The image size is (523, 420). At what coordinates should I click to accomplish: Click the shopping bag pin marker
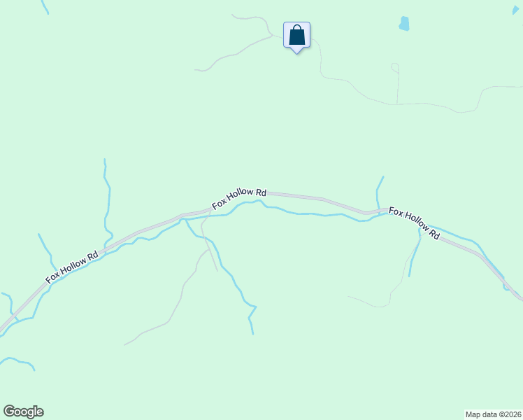(296, 35)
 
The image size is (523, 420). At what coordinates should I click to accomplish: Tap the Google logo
(23, 412)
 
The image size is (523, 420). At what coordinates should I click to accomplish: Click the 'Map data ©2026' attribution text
(494, 414)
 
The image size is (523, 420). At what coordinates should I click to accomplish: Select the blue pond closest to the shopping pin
(404, 24)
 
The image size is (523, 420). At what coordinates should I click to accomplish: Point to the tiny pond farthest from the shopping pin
(506, 287)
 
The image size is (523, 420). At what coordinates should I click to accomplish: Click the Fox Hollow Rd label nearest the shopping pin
(240, 199)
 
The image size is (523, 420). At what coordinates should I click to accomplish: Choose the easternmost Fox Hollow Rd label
(414, 223)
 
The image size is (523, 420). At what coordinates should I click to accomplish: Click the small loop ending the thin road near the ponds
(394, 67)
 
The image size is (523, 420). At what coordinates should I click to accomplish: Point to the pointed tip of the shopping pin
(296, 52)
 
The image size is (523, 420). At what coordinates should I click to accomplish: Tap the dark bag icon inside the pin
(296, 34)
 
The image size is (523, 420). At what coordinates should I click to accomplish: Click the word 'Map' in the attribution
(474, 414)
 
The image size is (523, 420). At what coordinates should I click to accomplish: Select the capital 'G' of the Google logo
(9, 412)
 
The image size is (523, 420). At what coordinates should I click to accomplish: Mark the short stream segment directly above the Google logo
(18, 362)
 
